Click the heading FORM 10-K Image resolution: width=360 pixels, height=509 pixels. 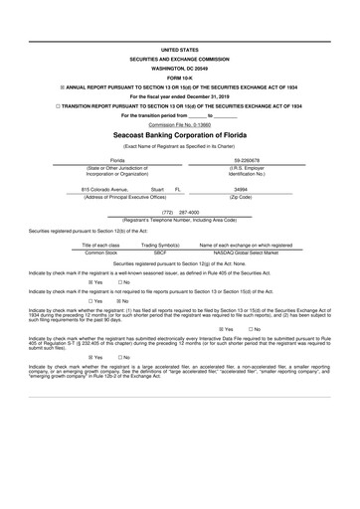[x=180, y=74]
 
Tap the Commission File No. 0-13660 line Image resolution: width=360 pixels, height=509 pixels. [x=180, y=124]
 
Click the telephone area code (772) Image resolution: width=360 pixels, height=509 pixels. [x=167, y=212]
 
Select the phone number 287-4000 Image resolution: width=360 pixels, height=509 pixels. [x=189, y=212]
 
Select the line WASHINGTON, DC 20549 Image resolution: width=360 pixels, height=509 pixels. [x=180, y=65]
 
